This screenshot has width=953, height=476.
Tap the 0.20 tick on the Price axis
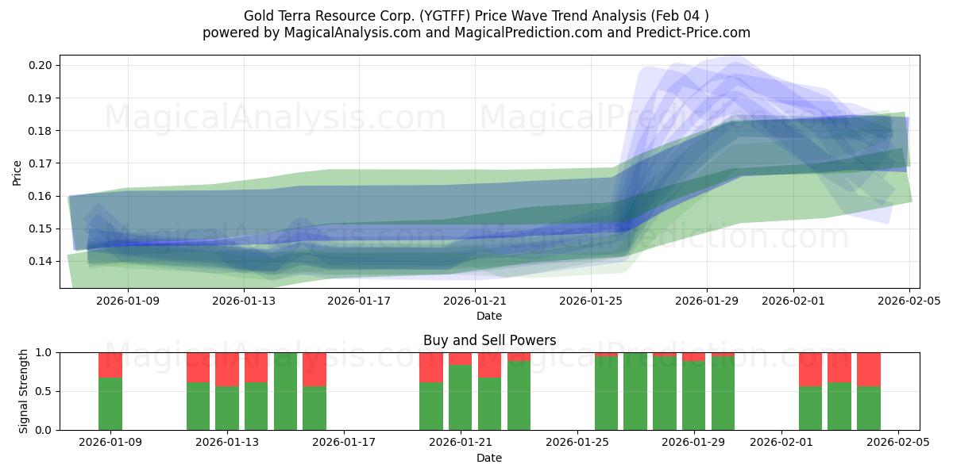[x=41, y=65]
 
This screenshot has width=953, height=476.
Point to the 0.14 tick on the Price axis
[x=41, y=261]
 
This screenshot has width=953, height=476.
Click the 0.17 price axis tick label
[x=41, y=163]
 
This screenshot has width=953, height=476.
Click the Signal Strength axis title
[x=24, y=391]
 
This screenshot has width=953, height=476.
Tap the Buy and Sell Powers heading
[x=489, y=340]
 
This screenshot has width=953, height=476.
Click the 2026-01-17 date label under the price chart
[x=360, y=301]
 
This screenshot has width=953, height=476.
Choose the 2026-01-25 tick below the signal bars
[x=577, y=442]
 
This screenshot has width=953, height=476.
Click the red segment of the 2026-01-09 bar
[x=110, y=365]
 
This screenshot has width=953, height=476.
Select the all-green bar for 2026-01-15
[x=285, y=391]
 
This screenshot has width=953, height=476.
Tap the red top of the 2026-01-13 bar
[x=227, y=369]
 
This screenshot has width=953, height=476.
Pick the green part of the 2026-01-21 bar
[x=461, y=397]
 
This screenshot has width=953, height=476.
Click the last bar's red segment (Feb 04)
[x=868, y=369]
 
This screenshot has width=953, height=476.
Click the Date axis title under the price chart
[x=489, y=316]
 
